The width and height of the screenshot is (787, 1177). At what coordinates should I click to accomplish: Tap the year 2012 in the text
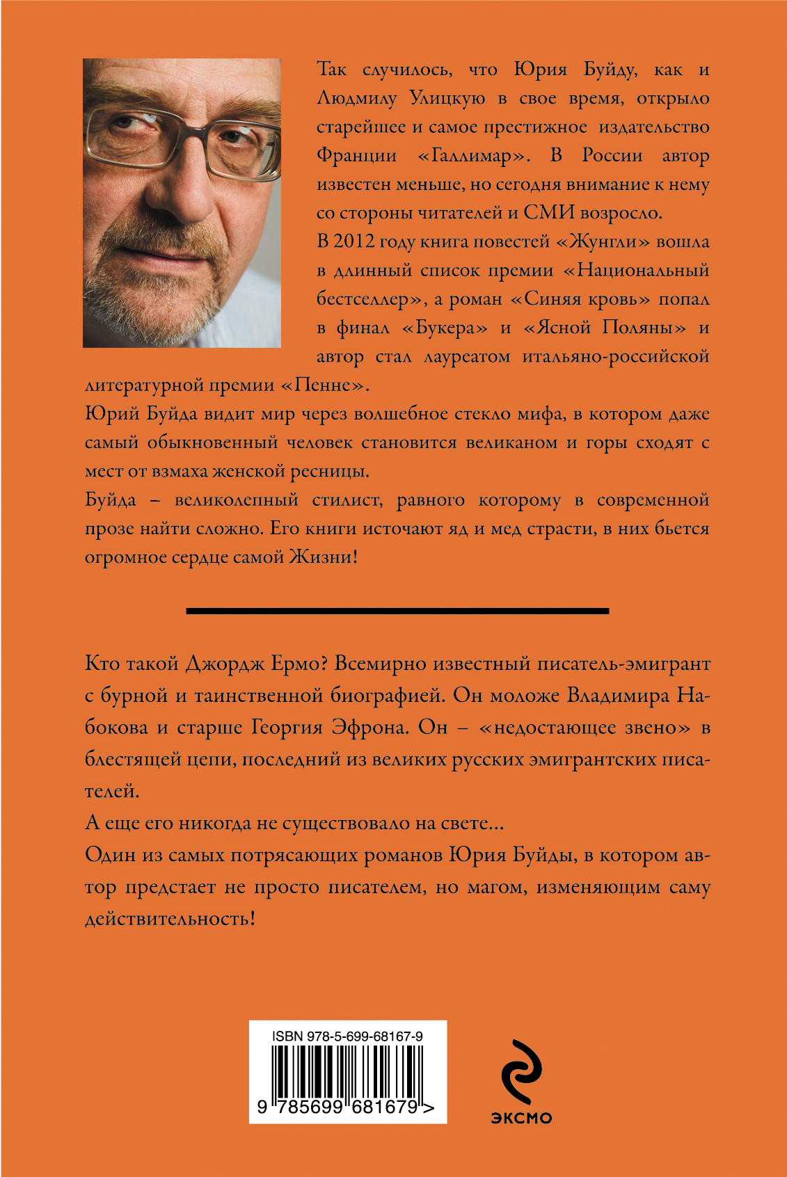click(354, 241)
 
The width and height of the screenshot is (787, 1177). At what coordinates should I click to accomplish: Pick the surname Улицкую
click(447, 98)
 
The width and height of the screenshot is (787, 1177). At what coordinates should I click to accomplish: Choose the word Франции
click(356, 155)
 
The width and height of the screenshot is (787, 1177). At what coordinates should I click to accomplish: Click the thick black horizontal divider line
click(397, 611)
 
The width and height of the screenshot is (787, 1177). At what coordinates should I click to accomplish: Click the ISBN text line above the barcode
click(347, 1036)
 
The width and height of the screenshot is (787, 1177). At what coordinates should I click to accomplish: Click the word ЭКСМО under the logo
click(521, 1118)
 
